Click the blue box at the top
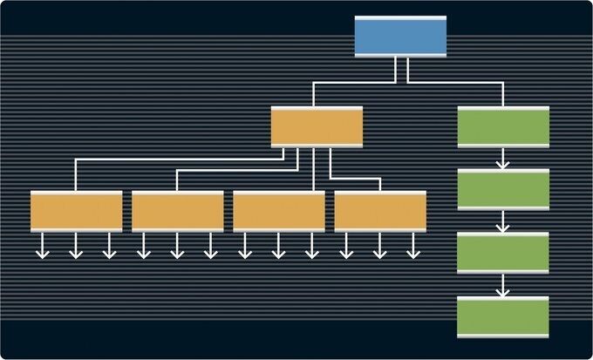point(400,37)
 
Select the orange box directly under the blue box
point(317,127)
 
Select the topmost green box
point(503,127)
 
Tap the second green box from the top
point(503,189)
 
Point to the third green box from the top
point(503,254)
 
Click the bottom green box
point(503,317)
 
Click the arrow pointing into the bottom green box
point(503,286)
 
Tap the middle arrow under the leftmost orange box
point(76,247)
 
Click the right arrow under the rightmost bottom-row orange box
point(413,247)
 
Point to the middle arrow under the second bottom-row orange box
point(177,247)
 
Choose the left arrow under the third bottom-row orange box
point(244,247)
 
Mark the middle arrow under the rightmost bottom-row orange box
point(380,247)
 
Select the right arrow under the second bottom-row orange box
point(210,247)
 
